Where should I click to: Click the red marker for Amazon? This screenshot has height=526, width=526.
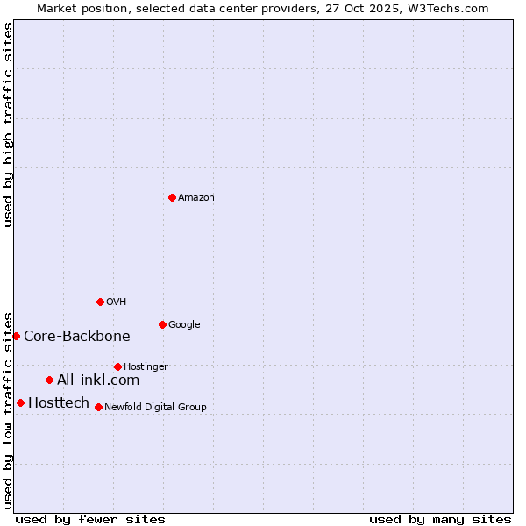172,197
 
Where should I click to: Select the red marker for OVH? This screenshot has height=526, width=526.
100,302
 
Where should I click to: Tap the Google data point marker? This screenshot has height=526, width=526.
162,324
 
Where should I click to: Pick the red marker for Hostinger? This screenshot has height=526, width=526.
117,366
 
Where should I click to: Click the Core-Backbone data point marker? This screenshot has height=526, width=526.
16,336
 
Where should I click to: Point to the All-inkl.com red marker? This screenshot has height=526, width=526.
49,380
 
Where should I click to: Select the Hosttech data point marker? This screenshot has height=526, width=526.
20,402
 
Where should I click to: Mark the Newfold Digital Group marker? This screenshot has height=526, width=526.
98,407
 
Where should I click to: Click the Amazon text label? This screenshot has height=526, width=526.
196,198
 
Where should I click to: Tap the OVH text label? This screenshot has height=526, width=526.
117,302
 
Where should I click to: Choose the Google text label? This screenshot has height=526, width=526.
184,325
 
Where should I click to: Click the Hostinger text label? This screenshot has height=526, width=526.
146,367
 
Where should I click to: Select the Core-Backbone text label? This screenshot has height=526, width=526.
77,337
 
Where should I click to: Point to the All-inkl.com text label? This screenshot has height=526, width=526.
98,380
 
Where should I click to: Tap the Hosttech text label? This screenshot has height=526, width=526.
59,403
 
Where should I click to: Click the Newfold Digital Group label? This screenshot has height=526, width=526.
155,408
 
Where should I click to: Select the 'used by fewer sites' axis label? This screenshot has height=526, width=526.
90,519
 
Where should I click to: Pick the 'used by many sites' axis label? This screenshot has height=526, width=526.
440,519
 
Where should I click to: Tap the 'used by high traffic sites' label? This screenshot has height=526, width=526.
9,124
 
